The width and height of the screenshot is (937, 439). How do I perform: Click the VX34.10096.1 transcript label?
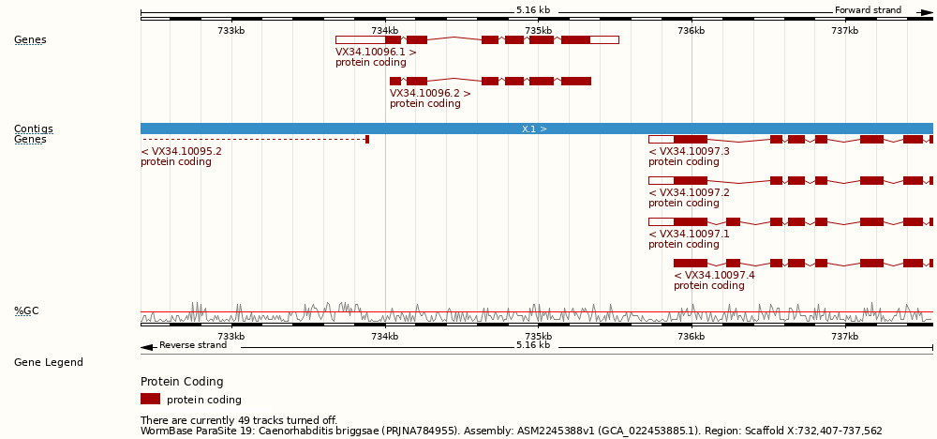pyautogui.click(x=376, y=53)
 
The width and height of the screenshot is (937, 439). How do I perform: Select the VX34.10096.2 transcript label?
pyautogui.click(x=430, y=94)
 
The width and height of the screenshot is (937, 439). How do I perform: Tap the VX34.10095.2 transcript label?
pyautogui.click(x=181, y=151)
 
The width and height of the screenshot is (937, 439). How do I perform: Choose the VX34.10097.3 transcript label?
pyautogui.click(x=689, y=151)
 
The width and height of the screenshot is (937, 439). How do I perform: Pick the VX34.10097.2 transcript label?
pyautogui.click(x=689, y=192)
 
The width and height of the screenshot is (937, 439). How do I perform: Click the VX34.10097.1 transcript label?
pyautogui.click(x=689, y=234)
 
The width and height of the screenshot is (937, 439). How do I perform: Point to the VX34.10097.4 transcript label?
pyautogui.click(x=714, y=275)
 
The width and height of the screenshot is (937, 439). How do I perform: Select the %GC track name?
pyautogui.click(x=26, y=310)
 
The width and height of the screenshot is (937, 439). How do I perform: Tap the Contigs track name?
pyautogui.click(x=33, y=129)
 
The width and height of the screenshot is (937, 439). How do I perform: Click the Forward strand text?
pyautogui.click(x=868, y=10)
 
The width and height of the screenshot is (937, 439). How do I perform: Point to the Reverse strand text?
pyautogui.click(x=192, y=345)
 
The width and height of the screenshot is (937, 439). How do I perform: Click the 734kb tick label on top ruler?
pyautogui.click(x=385, y=31)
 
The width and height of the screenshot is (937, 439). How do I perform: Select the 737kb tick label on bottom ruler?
pyautogui.click(x=844, y=336)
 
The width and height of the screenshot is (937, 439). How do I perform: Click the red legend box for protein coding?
pyautogui.click(x=150, y=399)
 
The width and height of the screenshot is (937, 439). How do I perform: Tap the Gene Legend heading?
pyautogui.click(x=48, y=362)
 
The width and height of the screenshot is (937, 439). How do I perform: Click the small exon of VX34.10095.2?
pyautogui.click(x=367, y=139)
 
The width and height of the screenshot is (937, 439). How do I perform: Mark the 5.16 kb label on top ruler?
pyautogui.click(x=533, y=10)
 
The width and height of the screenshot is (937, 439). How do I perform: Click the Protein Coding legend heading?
pyautogui.click(x=182, y=382)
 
